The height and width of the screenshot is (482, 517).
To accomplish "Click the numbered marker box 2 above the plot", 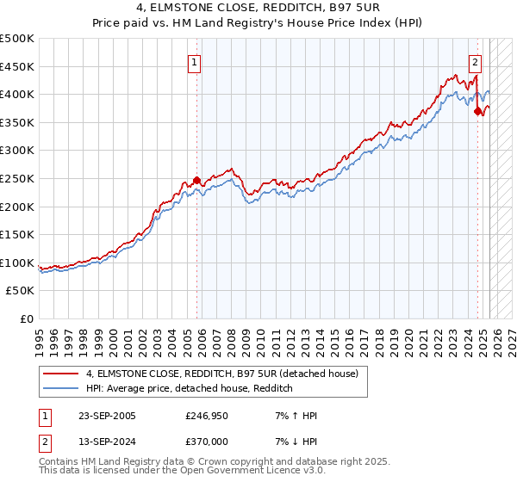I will pos(475,62).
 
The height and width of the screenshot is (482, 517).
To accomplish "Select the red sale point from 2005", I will pos(196,180).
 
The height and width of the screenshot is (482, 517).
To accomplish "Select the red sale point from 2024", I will pos(477,111).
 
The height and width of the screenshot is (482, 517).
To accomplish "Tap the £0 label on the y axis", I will pos(28,318).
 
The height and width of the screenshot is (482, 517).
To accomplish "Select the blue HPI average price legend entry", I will pos(190,389).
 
